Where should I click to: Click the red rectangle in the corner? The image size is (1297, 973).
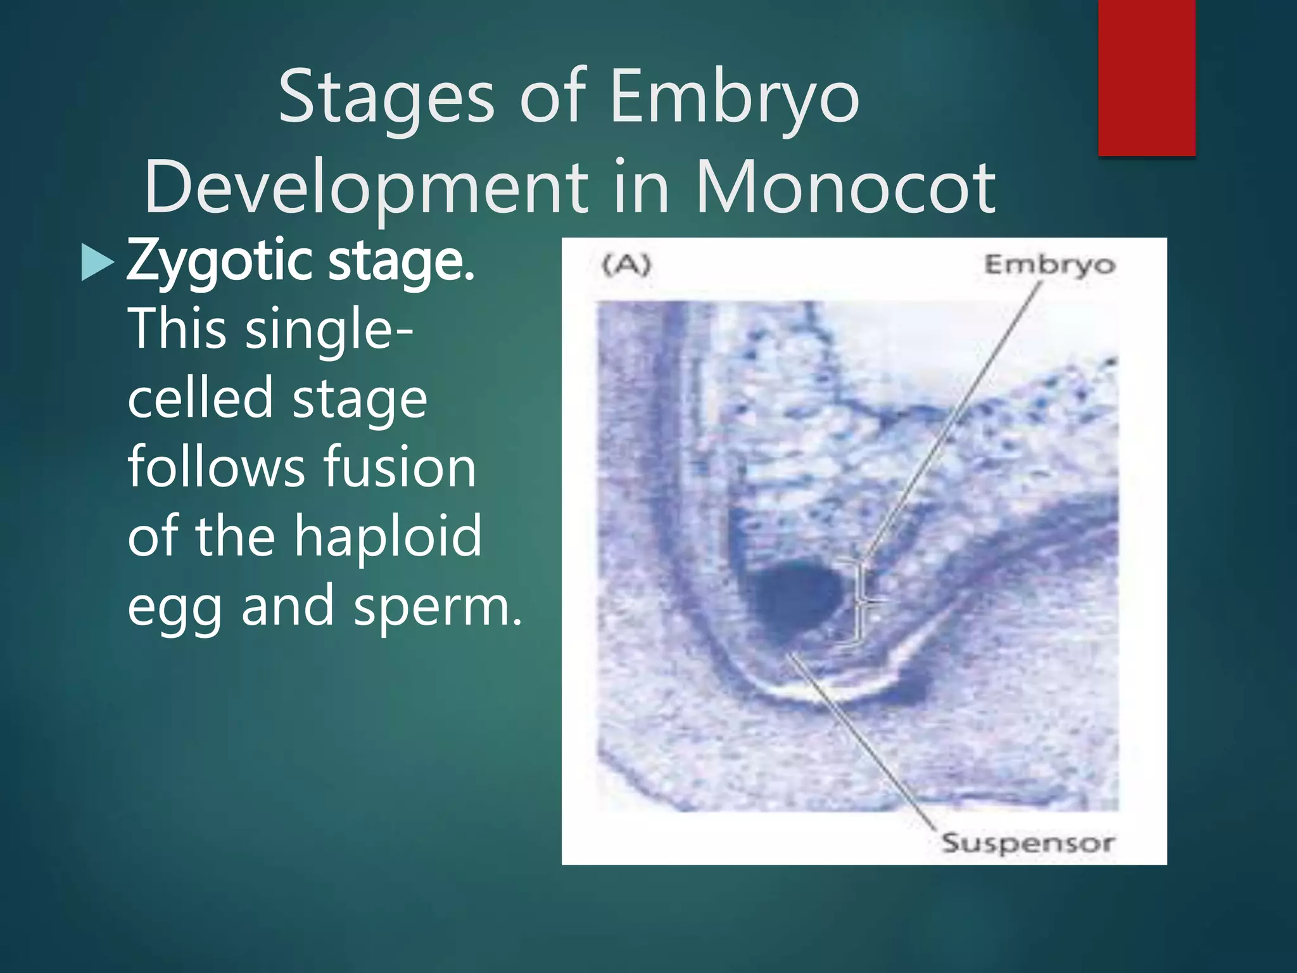(1146, 77)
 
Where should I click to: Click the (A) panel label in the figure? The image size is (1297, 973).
(626, 265)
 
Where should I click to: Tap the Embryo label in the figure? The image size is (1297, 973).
(1049, 265)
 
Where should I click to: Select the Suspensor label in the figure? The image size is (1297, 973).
(1027, 843)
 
